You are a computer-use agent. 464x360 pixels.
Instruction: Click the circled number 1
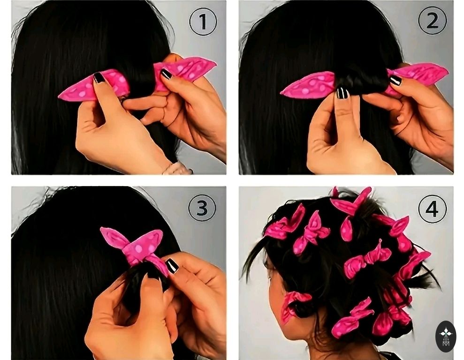tap(203, 22)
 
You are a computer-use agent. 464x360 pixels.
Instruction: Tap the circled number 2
tap(432, 21)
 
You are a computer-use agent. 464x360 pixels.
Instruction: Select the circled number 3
tap(202, 207)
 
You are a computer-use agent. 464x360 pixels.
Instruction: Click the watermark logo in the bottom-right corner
tap(446, 337)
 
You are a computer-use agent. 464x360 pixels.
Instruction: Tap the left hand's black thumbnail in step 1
tap(99, 78)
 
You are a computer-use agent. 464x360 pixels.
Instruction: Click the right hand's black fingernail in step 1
tap(166, 74)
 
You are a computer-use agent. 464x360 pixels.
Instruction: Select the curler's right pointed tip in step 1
tap(215, 62)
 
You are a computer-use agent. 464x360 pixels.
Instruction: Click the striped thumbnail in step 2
tap(342, 93)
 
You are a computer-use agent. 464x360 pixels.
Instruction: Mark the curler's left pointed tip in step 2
tap(281, 93)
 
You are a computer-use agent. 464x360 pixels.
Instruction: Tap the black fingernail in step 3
tap(172, 266)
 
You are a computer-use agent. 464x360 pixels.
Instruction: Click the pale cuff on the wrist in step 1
tap(178, 168)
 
